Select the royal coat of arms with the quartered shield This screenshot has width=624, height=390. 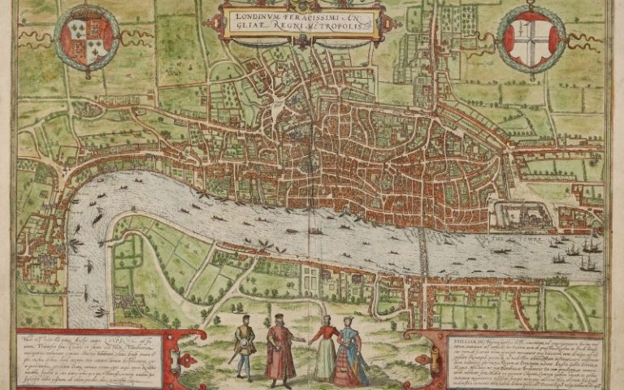coord(87,35)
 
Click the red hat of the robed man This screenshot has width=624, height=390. coord(279,316)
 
